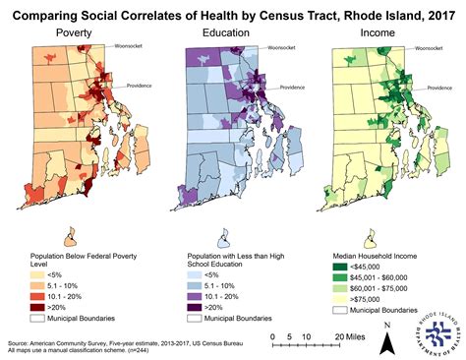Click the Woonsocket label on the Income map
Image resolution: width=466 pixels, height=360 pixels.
(x=429, y=46)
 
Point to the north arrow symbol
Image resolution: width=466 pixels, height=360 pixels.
(x=389, y=334)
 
